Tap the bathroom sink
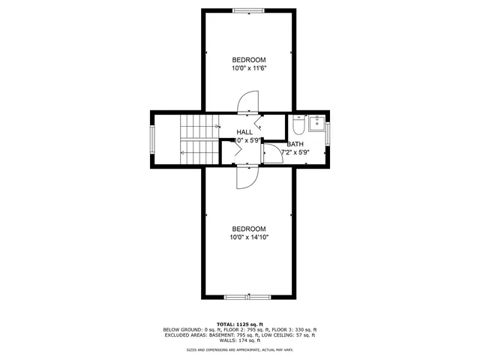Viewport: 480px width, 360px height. tap(316, 124)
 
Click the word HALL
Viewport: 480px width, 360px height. tap(245, 131)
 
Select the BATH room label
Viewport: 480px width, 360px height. tap(295, 144)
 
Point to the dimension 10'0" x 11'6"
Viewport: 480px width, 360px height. tap(249, 68)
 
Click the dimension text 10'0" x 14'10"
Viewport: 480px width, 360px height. tap(249, 237)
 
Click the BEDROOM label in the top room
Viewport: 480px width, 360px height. tap(249, 60)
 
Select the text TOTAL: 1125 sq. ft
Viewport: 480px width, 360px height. tap(240, 323)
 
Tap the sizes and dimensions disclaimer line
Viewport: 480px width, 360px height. tap(240, 349)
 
